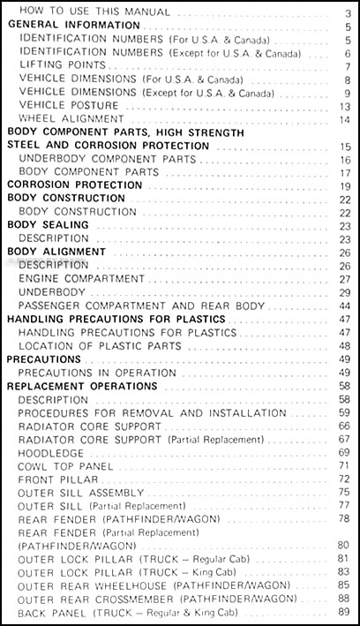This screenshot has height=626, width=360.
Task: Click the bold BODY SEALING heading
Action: click(44, 225)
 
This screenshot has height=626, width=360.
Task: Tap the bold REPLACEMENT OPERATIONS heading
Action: click(82, 386)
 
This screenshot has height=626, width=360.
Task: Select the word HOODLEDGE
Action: click(51, 452)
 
